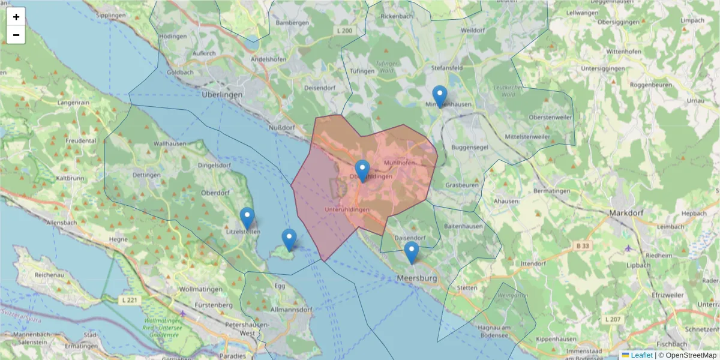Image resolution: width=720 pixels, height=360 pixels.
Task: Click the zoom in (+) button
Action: tap(16, 17)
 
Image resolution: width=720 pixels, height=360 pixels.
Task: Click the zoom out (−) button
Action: tap(16, 35)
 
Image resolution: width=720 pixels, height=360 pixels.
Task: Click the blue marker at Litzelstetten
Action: tap(247, 218)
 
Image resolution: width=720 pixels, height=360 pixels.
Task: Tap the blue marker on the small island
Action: tap(289, 239)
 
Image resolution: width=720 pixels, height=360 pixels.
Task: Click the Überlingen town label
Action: tap(222, 95)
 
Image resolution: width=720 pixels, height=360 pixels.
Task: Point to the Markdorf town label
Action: tap(626, 212)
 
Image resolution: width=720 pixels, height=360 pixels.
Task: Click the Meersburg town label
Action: tap(418, 278)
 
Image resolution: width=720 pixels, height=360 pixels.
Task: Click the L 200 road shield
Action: tap(345, 30)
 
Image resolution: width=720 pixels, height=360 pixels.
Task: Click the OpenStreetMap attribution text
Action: tap(687, 355)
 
